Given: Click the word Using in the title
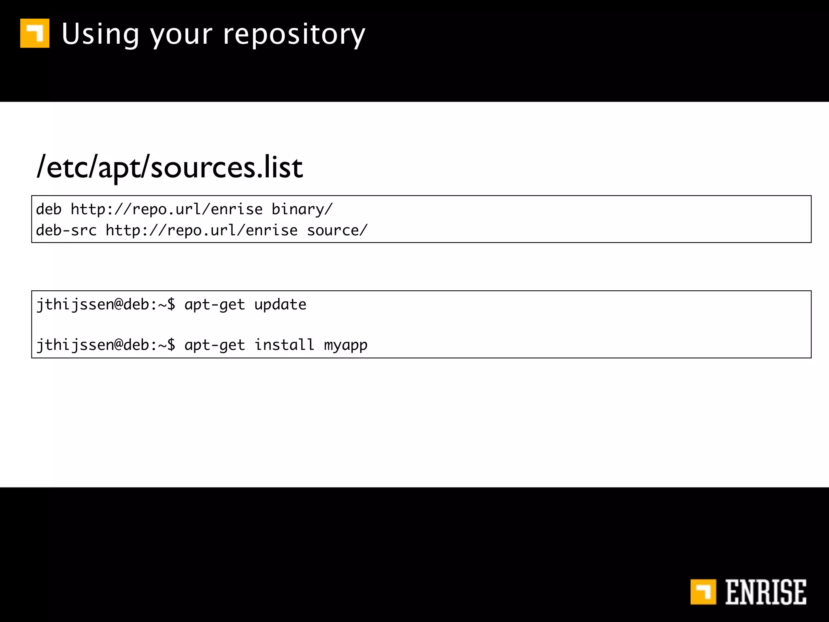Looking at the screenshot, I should click(100, 34).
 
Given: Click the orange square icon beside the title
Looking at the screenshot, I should click(35, 33).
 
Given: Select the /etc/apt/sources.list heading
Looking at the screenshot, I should click(170, 167).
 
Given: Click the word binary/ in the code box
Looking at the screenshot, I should click(302, 209).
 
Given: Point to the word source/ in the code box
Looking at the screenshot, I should click(337, 230).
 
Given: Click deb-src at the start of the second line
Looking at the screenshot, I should click(66, 230).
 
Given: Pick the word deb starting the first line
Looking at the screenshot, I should click(49, 209).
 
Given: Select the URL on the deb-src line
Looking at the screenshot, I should click(201, 230).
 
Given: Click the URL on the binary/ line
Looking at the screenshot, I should click(166, 209).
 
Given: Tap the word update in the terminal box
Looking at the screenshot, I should click(280, 305).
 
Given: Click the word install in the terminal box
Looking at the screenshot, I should click(284, 345).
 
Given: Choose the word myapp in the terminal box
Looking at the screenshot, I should click(346, 345).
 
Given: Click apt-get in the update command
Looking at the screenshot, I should click(215, 305).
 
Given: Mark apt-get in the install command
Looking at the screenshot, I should click(215, 345).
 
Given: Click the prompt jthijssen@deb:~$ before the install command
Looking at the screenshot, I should click(106, 345).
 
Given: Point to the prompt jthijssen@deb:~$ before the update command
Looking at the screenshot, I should click(106, 305).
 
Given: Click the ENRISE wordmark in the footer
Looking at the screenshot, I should click(765, 592).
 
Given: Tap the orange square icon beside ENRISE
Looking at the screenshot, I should click(703, 592).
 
